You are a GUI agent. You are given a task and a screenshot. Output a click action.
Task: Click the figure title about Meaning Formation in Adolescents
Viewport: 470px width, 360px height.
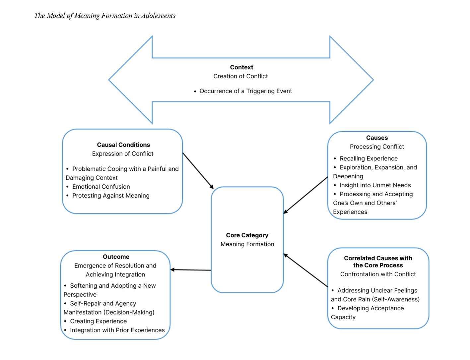[x=105, y=16]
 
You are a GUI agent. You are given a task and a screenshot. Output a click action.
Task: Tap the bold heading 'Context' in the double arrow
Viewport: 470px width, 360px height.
[x=241, y=67]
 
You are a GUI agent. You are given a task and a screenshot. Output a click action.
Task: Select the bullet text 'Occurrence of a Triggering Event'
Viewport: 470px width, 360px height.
[x=245, y=91]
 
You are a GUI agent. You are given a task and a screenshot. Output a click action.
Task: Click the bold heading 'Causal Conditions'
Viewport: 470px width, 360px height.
[x=123, y=145]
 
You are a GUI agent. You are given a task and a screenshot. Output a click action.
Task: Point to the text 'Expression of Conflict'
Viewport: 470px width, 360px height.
[x=123, y=154]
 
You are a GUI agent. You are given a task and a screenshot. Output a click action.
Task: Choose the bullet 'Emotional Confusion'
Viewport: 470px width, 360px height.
[x=101, y=187]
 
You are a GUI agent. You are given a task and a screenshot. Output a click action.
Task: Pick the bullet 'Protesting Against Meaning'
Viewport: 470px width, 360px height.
[x=111, y=196]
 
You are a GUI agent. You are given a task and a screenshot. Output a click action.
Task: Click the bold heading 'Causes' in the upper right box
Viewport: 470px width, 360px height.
[x=377, y=138]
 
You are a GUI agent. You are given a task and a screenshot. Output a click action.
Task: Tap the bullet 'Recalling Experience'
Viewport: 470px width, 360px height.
[x=369, y=158]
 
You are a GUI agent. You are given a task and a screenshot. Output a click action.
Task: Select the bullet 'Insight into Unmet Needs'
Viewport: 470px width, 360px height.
[x=375, y=185]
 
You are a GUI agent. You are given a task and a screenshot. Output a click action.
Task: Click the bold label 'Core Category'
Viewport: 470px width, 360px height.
[x=247, y=235]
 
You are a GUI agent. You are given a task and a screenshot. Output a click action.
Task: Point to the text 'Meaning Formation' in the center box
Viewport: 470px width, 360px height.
[x=247, y=244]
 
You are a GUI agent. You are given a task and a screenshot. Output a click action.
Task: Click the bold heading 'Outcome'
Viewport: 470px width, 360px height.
[x=116, y=257]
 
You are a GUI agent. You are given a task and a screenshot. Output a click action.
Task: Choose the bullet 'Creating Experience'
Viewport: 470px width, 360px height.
[x=98, y=321]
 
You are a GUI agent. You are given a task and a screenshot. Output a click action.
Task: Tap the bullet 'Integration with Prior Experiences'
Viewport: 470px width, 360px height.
[x=117, y=330]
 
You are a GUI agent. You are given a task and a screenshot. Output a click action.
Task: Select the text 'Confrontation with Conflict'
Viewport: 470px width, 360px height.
[x=378, y=274]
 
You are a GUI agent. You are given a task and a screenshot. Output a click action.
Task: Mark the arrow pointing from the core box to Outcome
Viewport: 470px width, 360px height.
[x=191, y=270]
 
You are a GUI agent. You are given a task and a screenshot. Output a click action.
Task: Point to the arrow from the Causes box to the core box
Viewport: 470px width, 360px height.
[x=305, y=195]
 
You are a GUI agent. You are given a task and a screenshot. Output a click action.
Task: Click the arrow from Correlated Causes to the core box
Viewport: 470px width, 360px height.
[x=305, y=270]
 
